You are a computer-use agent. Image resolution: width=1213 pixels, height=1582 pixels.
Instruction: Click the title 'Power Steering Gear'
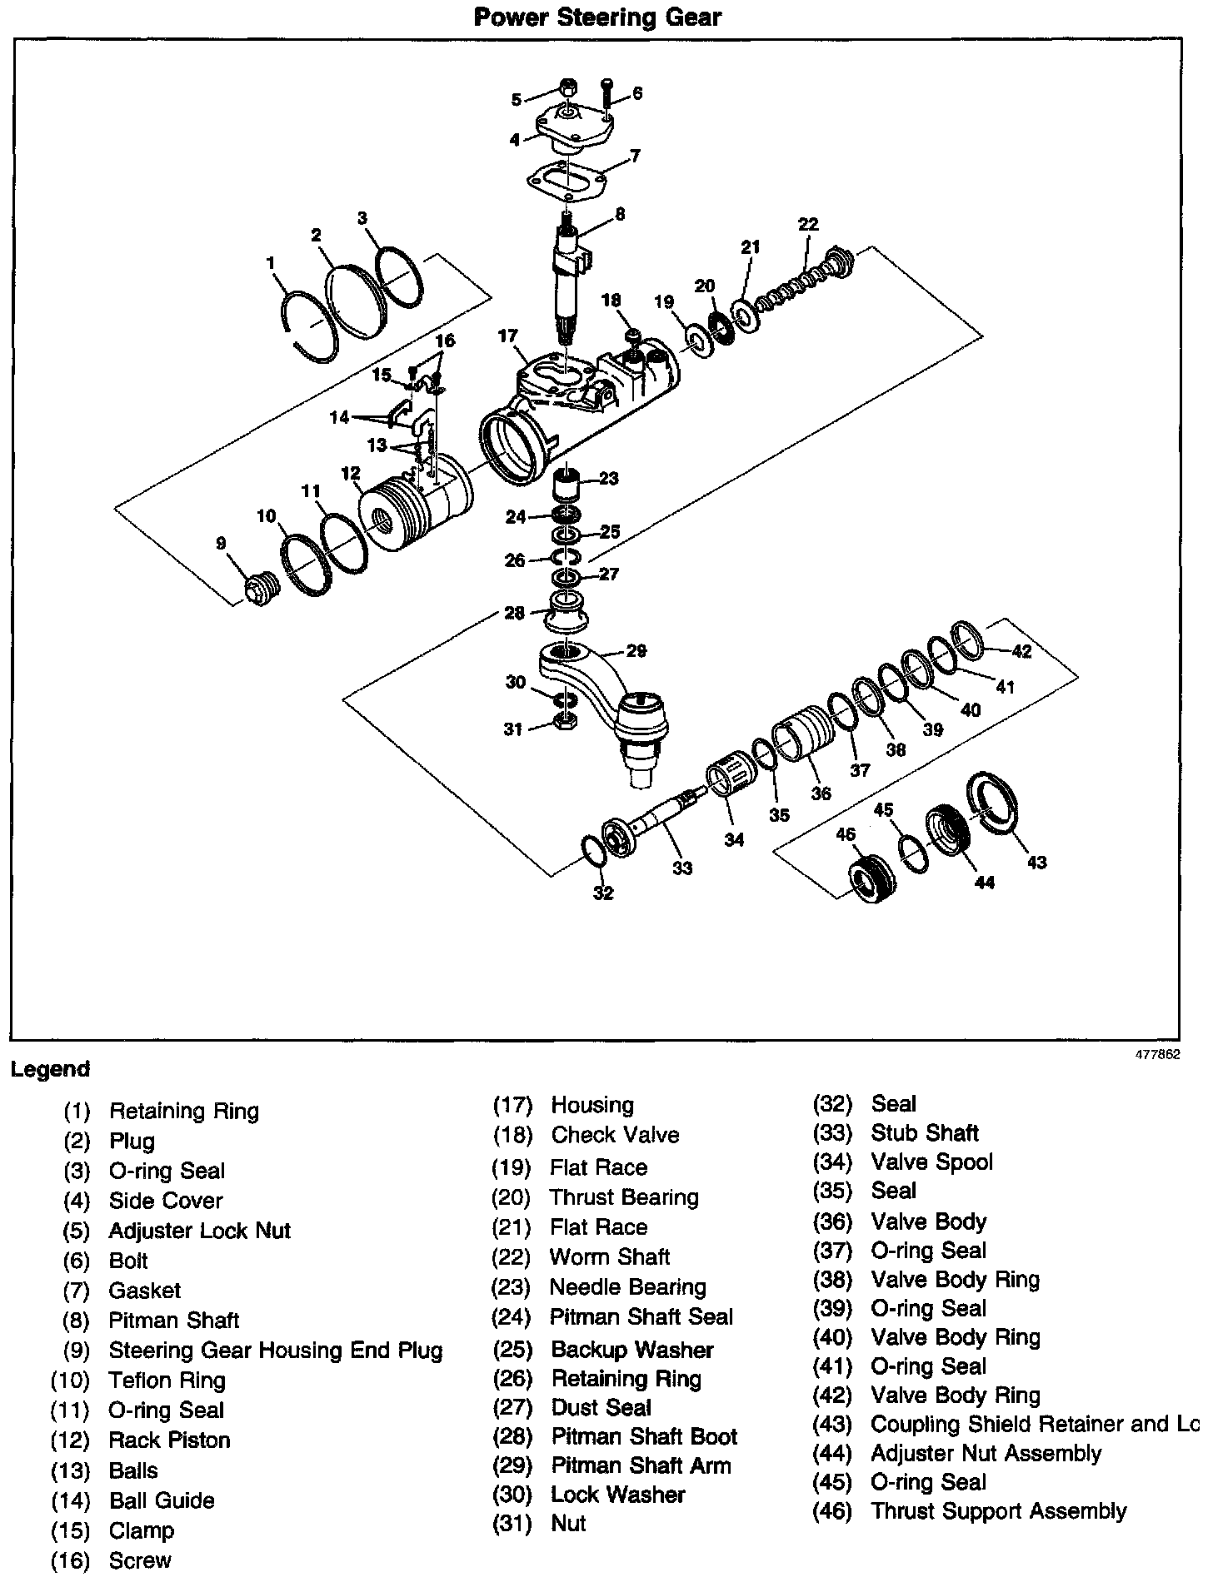(x=597, y=17)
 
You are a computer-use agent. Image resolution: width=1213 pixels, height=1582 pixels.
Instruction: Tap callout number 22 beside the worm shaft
(x=807, y=224)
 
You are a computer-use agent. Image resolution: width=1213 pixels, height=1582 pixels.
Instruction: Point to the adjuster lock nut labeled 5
(x=567, y=87)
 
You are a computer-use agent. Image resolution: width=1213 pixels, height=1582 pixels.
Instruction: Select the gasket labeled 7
(x=567, y=181)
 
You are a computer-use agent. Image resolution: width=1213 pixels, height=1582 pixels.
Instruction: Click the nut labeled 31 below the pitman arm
(x=565, y=721)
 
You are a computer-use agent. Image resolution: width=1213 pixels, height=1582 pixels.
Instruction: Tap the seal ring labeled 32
(x=593, y=854)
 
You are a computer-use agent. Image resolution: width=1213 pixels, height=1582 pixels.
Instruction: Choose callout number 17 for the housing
(x=508, y=336)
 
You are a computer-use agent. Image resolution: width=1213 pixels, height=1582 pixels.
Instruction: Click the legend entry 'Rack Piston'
(x=169, y=1440)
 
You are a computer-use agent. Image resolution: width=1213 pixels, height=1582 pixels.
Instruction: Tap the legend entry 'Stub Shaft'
(x=925, y=1133)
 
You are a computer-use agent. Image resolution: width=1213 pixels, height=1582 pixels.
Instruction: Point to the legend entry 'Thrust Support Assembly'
(x=998, y=1511)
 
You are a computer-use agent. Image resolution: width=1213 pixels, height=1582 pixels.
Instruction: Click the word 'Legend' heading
(x=50, y=1069)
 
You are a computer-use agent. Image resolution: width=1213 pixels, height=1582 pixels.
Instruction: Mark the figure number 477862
(x=1157, y=1053)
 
